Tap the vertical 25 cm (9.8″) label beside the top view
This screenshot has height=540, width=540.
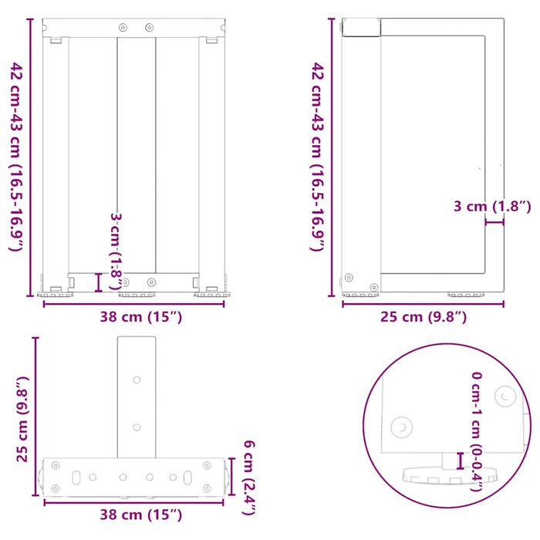point(22,418)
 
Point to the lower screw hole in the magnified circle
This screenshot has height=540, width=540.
point(401,426)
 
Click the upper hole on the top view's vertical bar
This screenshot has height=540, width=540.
point(137,380)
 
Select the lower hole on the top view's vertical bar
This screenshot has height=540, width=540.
point(137,427)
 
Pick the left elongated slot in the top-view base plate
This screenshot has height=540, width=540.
point(76,478)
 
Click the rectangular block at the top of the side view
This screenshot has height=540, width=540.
point(363,28)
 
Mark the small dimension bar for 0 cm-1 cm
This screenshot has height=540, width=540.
point(460,461)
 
